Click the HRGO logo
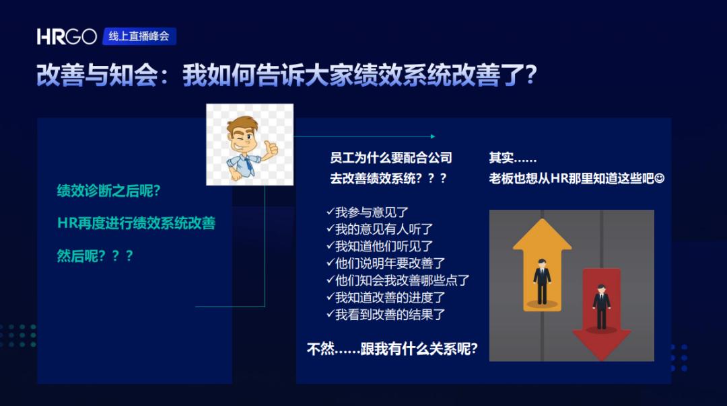tap(67, 36)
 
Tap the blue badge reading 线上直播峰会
tap(139, 36)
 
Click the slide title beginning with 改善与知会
tap(287, 75)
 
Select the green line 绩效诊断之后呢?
tap(108, 190)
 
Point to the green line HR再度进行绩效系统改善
tap(136, 223)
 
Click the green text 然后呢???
tap(95, 255)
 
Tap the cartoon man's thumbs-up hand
tap(271, 149)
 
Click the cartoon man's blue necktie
tap(251, 165)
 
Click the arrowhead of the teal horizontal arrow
tap(433, 136)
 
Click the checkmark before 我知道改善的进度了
tap(330, 296)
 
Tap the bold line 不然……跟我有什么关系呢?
tap(392, 349)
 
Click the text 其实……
tap(513, 158)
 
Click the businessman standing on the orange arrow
tap(541, 281)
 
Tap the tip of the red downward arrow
tap(601, 360)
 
